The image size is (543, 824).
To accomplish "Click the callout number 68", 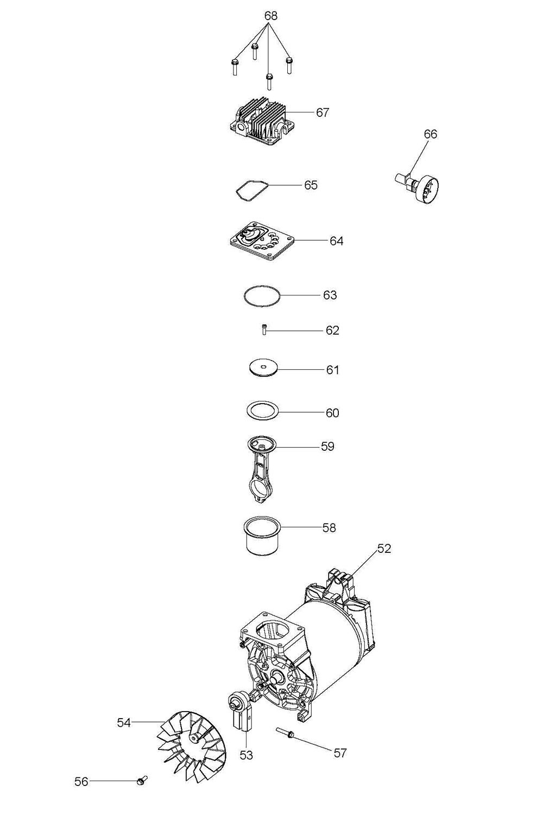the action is (x=270, y=16).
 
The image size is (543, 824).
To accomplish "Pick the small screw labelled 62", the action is (x=263, y=330).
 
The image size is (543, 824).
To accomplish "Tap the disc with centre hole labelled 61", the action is (x=262, y=368).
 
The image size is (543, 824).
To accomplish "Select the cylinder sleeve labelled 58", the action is (x=261, y=537).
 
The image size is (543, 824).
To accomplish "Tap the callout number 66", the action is (x=431, y=134).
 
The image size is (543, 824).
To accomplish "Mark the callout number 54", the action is (x=124, y=722).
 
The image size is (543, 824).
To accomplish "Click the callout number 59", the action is (x=327, y=446).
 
